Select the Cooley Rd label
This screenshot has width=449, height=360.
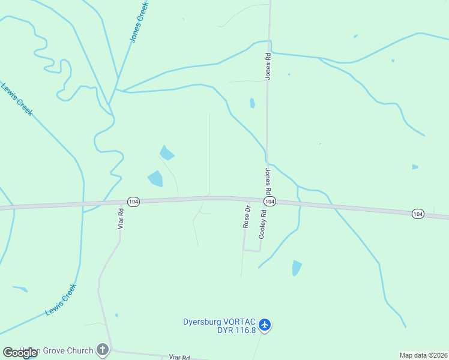pos(262,224)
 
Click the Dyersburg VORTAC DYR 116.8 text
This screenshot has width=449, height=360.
pos(220,325)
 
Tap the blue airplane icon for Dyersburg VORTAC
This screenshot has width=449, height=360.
pos(265,325)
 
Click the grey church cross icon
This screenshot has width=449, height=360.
pos(103,350)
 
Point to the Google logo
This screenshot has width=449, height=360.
pos(20,353)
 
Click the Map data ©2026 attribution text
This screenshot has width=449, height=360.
pos(423,355)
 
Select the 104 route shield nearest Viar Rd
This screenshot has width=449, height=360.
pos(133,202)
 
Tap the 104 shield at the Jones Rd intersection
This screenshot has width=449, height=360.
pos(270,202)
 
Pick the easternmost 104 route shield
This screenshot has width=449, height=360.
pos(418,214)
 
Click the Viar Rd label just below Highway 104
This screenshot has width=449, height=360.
pos(121,219)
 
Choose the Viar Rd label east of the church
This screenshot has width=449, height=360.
pos(179,356)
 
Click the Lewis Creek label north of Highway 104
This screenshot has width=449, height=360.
pos(17,99)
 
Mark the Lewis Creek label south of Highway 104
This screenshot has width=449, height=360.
pos(61,299)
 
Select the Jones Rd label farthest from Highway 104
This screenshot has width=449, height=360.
pos(268,66)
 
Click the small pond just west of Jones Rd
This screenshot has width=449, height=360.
pos(252,103)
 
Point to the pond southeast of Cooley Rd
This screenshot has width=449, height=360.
pos(296,268)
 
